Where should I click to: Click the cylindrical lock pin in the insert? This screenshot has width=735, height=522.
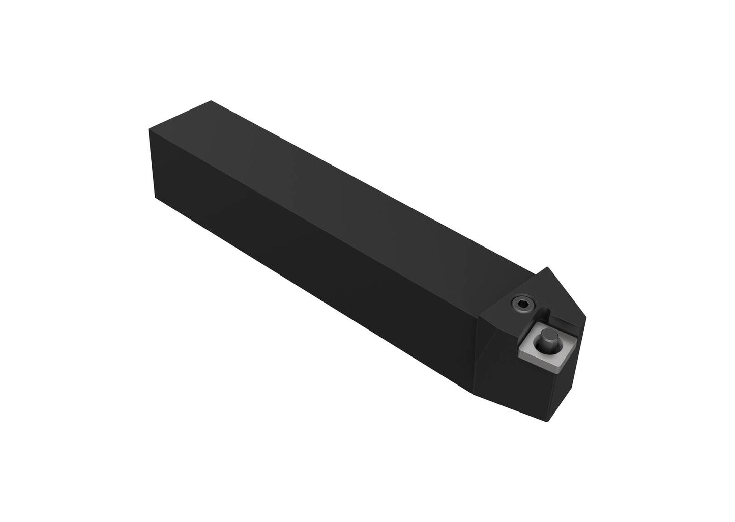coord(548,337)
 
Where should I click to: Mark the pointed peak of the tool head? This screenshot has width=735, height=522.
coord(548,268)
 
